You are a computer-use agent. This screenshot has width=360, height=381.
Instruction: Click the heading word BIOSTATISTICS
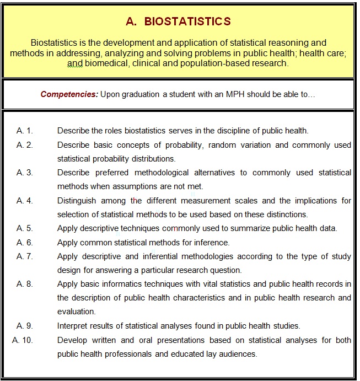click(187, 22)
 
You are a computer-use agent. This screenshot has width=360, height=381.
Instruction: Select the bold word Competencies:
click(69, 94)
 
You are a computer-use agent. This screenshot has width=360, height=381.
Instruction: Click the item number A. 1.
click(25, 131)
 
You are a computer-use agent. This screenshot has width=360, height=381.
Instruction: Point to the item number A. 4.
click(25, 201)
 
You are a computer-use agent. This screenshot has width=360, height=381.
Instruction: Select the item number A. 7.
click(25, 256)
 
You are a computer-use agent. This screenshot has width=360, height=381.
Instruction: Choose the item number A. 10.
click(23, 340)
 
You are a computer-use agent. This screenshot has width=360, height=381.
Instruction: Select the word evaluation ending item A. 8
click(77, 312)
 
